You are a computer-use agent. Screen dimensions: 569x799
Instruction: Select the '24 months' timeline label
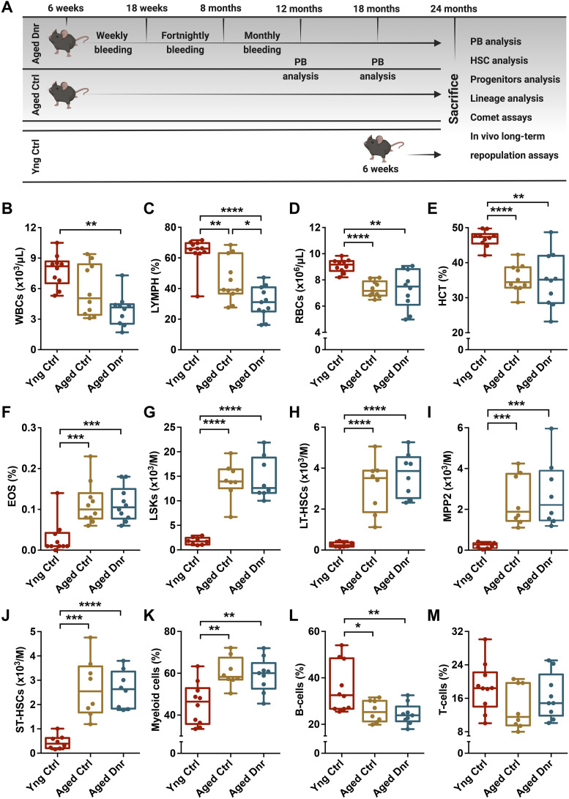[453, 9]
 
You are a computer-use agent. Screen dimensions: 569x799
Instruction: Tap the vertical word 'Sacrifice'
[454, 99]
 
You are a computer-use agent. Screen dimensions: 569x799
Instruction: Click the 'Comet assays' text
[501, 117]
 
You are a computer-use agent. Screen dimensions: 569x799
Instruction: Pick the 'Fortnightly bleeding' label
[185, 42]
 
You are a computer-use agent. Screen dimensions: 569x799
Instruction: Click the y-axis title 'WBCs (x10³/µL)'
[19, 286]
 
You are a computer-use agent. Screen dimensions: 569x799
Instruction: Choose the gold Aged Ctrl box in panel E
[518, 278]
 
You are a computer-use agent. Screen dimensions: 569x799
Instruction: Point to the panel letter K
[149, 616]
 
